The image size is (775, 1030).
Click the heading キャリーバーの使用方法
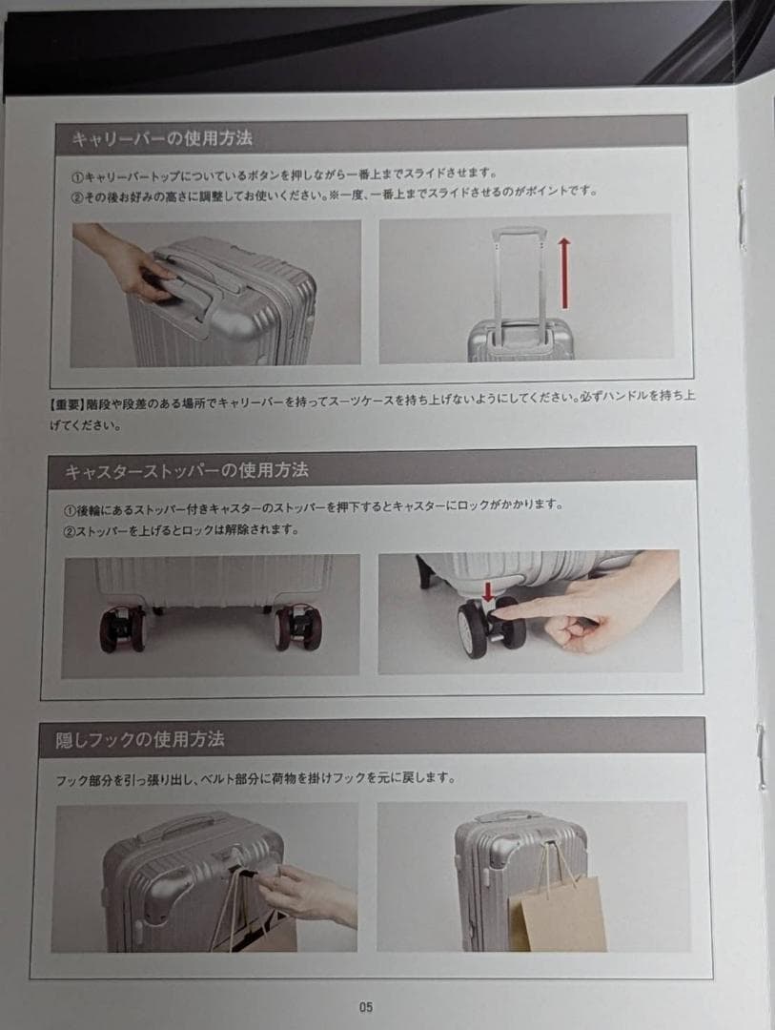(x=161, y=138)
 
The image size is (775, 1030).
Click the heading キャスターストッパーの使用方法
(x=187, y=470)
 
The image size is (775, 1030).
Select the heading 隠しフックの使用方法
(x=140, y=740)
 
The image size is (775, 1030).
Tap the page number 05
(x=366, y=1006)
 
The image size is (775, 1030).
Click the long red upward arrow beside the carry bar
(x=564, y=274)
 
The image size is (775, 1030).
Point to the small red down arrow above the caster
(x=488, y=592)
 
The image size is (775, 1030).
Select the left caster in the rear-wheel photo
(x=122, y=628)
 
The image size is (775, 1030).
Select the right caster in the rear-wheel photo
(x=298, y=628)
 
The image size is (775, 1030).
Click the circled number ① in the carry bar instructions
(x=77, y=177)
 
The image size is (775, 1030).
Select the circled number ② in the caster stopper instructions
(x=69, y=531)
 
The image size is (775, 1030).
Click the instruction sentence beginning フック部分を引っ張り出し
(x=255, y=779)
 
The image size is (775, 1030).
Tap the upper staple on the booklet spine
(x=742, y=215)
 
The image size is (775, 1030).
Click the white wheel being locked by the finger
(x=472, y=629)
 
